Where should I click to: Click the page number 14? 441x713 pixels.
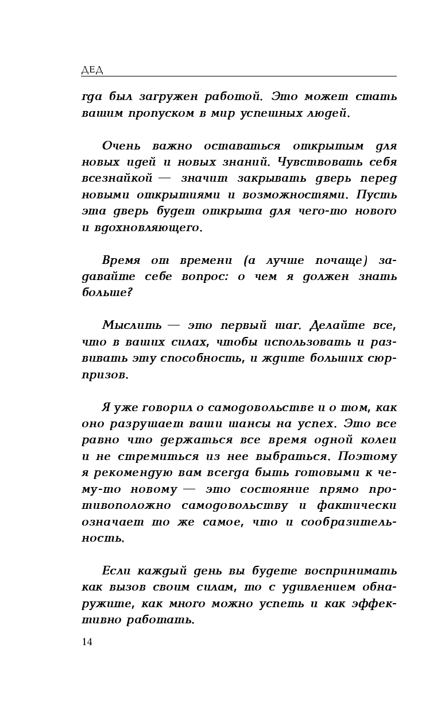[87, 642]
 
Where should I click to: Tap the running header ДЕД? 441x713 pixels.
[92, 70]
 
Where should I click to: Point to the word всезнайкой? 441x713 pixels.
[117, 178]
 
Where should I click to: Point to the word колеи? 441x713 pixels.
[380, 440]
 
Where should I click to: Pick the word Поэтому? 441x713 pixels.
[367, 457]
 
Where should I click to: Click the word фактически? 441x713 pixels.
[363, 505]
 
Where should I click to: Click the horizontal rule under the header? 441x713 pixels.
[239, 76]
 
